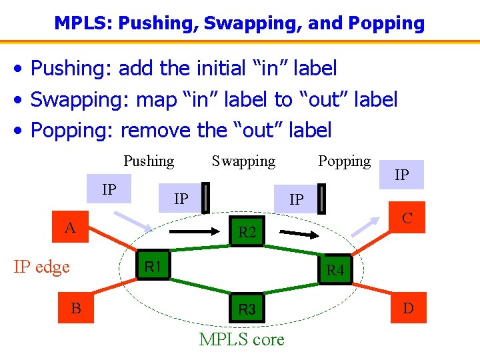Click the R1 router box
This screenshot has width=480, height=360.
(153, 267)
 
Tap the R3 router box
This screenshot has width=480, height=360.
(247, 309)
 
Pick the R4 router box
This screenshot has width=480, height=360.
(335, 270)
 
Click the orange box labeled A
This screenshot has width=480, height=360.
(69, 228)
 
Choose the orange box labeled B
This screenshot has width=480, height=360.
(76, 308)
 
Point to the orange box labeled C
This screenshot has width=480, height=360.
(407, 218)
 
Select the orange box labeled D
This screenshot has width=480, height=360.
(408, 308)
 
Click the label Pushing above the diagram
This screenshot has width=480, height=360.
(149, 161)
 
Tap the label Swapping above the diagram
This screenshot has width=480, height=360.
(243, 161)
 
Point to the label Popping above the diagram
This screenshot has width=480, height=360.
(344, 161)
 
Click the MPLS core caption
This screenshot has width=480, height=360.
(241, 339)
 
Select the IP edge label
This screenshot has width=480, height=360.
(42, 267)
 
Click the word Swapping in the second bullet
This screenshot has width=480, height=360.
(80, 100)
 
